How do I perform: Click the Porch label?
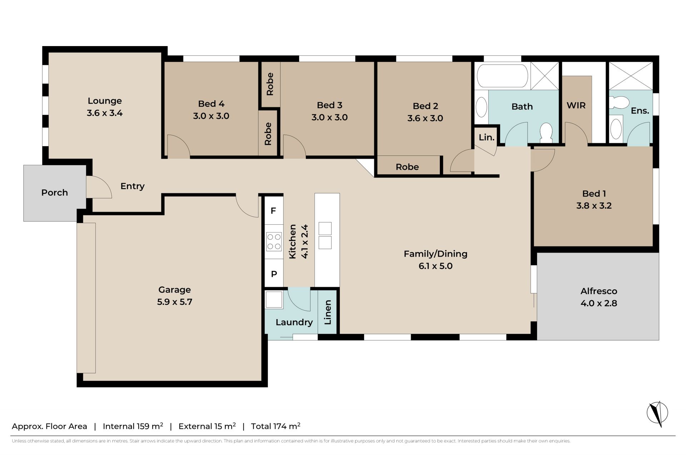(54, 193)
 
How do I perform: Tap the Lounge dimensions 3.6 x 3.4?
(105, 113)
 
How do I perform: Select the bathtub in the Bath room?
(502, 75)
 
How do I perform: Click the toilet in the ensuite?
(620, 103)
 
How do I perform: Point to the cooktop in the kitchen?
(274, 242)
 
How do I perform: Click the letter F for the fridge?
(273, 211)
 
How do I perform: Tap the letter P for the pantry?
(274, 274)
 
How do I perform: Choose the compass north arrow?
(657, 413)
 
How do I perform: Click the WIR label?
(576, 105)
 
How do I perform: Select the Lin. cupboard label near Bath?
(487, 137)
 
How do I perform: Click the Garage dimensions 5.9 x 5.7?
(175, 302)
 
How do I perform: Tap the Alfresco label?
(599, 291)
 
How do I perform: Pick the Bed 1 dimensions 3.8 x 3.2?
(594, 205)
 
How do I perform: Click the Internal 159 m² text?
(133, 426)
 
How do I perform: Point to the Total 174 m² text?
(275, 426)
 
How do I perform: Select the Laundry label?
(294, 322)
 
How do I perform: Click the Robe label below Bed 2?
(407, 167)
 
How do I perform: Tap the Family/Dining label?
(436, 254)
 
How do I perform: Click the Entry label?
(132, 186)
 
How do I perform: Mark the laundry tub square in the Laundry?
(274, 299)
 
